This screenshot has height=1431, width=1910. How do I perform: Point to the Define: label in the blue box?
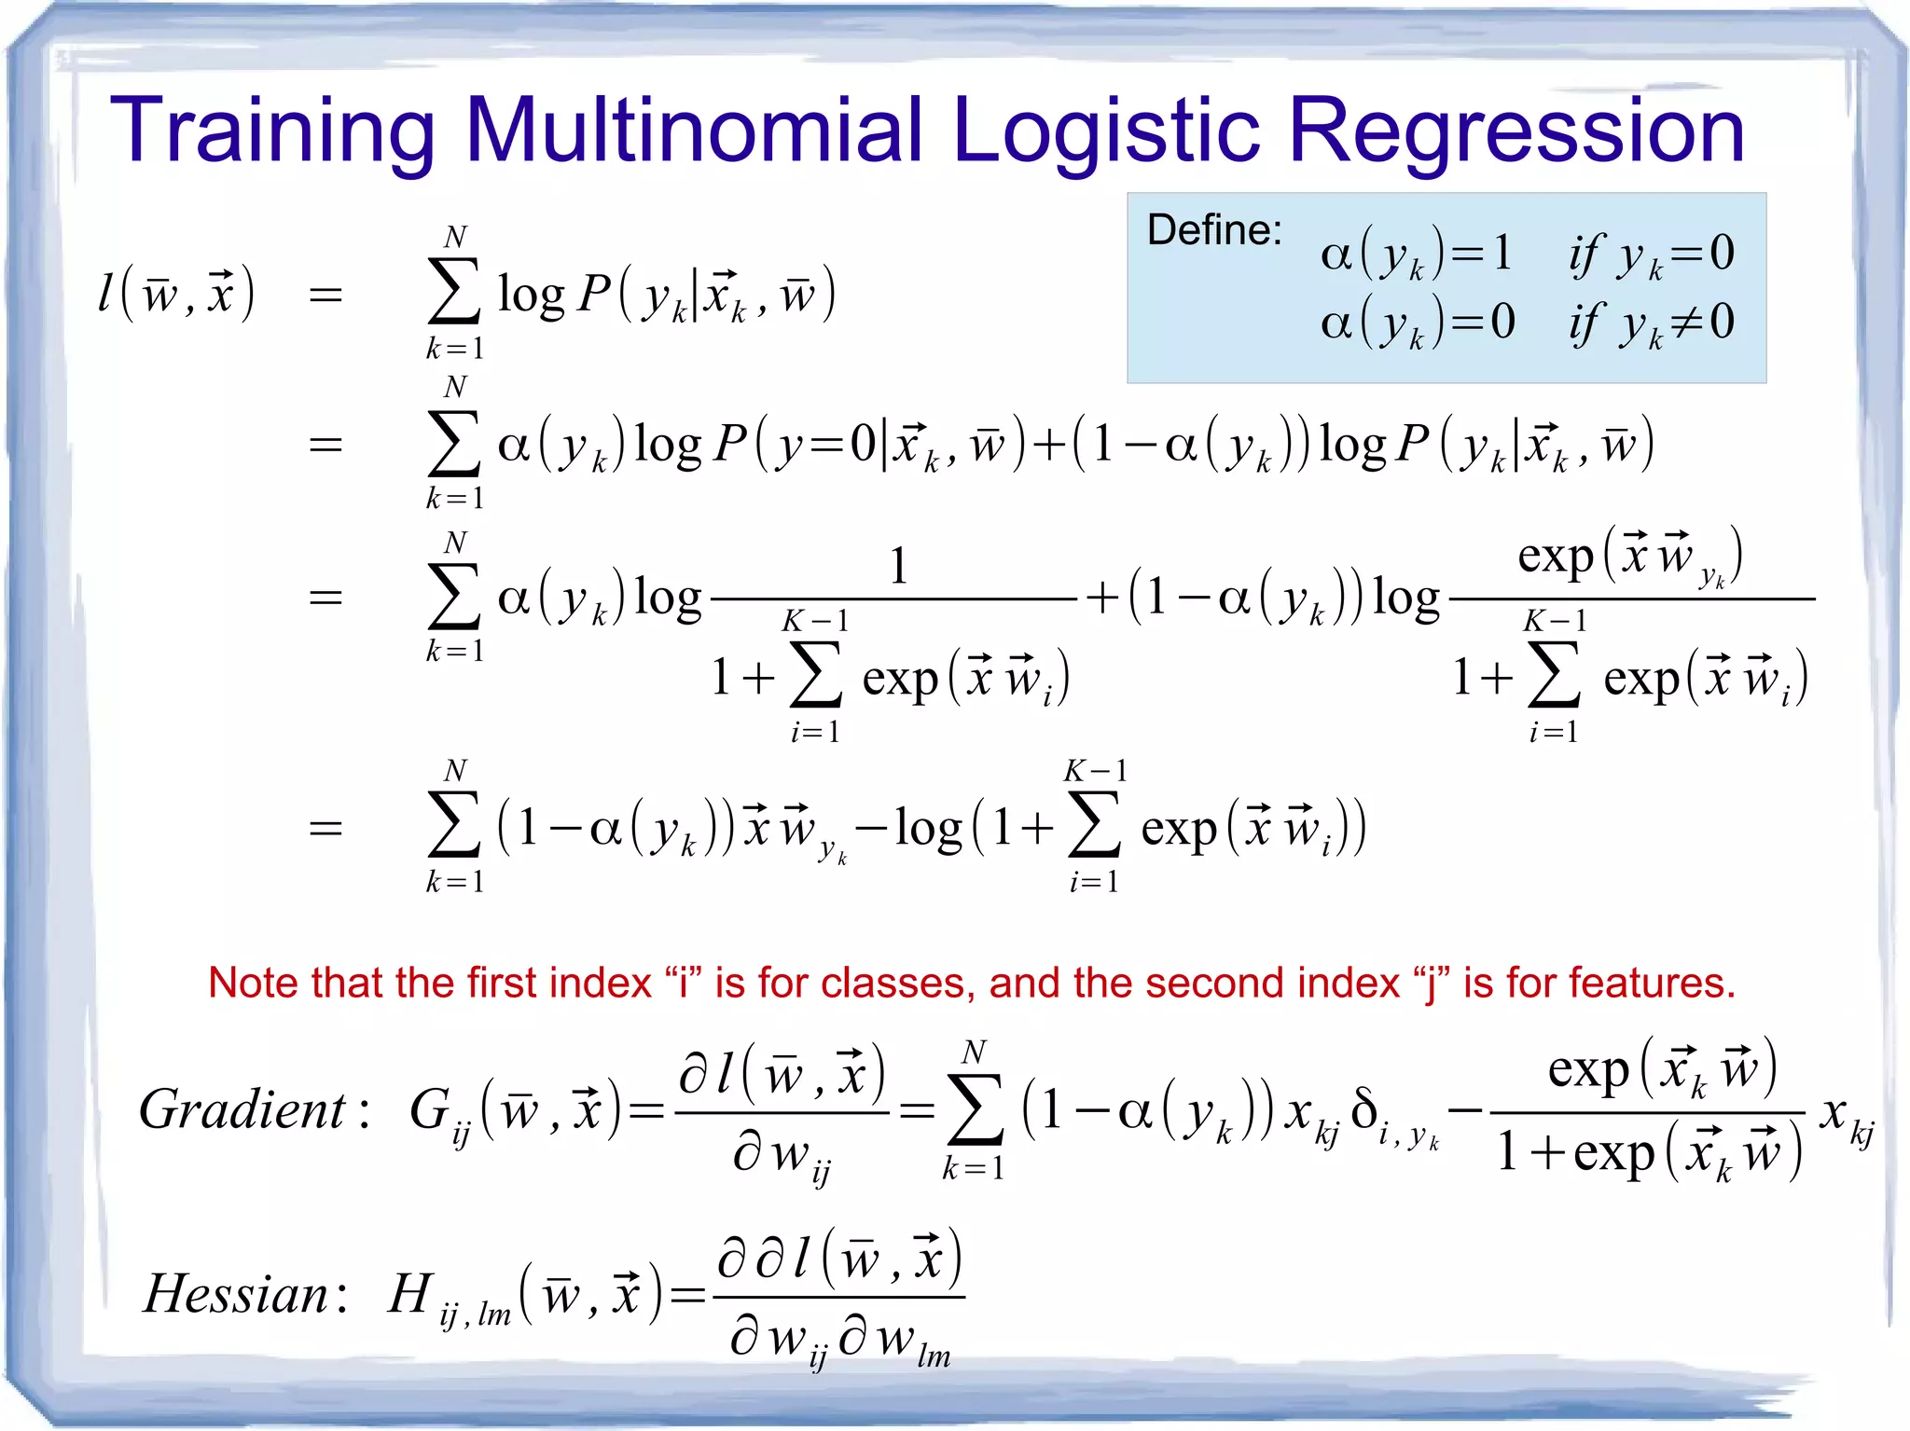coord(1214,229)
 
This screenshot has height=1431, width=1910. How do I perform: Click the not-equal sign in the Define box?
coord(1687,322)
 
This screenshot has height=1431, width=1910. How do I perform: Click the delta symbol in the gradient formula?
coord(1363,1108)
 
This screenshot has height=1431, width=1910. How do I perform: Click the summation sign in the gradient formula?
coord(975,1108)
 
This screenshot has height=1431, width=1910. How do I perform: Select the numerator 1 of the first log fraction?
coord(898,565)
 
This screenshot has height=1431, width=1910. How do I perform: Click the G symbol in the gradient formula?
coord(431,1109)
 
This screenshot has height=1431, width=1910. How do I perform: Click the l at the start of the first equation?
coord(107,292)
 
